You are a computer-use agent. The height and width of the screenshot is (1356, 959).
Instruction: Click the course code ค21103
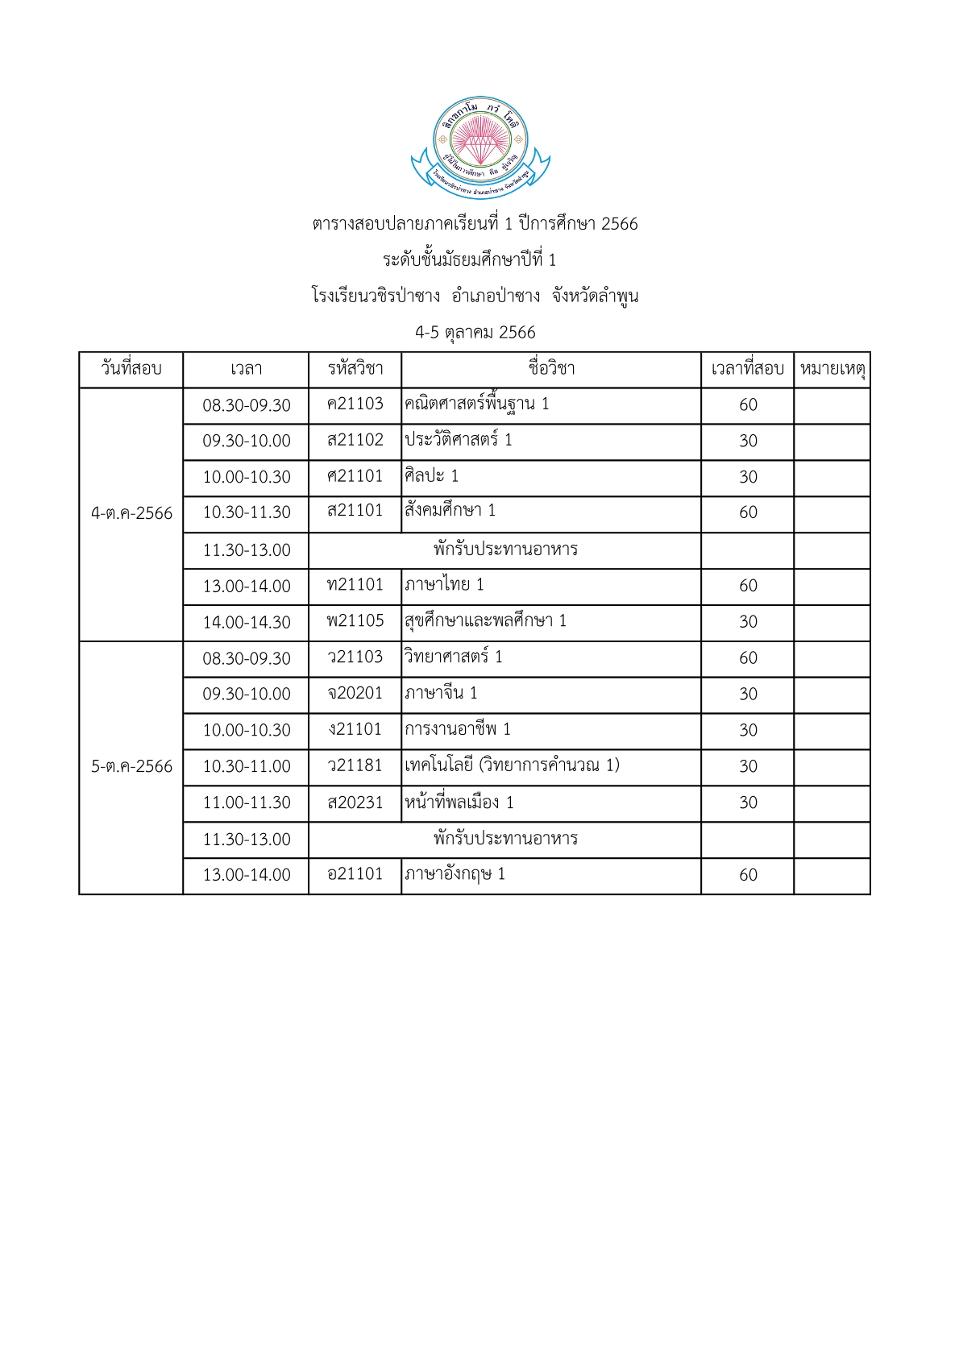click(355, 404)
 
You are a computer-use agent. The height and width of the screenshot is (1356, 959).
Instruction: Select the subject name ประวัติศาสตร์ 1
click(458, 440)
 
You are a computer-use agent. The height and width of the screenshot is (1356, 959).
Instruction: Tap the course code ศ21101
click(355, 476)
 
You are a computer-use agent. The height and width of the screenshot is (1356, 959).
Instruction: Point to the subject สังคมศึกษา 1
click(450, 511)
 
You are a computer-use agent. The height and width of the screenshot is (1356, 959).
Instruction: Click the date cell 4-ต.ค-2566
click(131, 513)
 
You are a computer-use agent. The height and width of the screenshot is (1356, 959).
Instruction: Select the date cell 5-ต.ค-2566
click(131, 766)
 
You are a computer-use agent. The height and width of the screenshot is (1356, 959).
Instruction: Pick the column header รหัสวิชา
click(355, 369)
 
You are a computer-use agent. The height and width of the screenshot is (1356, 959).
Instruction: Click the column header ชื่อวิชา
click(551, 369)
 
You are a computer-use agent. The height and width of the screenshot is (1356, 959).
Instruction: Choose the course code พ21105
click(355, 620)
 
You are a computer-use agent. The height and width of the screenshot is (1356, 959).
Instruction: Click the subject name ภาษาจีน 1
click(441, 693)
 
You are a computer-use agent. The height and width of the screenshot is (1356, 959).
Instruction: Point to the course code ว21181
click(355, 765)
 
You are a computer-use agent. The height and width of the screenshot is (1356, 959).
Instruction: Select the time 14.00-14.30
click(246, 622)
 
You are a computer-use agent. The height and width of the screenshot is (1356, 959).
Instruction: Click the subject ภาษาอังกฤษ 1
click(455, 874)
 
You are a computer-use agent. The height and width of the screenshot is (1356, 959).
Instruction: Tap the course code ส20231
click(355, 802)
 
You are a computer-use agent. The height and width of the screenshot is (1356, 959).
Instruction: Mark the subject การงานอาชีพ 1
click(457, 729)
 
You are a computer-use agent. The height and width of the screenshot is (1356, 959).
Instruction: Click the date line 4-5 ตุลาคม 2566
click(475, 333)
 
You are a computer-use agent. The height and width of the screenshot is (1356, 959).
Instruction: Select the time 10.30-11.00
click(246, 766)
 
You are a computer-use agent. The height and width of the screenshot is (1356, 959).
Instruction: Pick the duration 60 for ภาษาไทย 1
click(748, 586)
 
